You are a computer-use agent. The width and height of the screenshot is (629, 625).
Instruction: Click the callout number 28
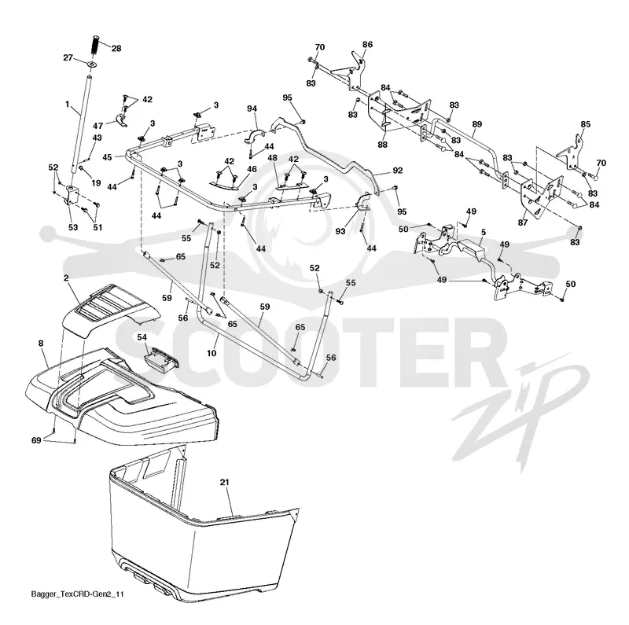(x=116, y=49)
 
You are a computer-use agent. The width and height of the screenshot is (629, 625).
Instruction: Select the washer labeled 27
(x=92, y=64)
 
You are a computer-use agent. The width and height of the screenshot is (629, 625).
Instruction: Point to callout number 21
(x=224, y=482)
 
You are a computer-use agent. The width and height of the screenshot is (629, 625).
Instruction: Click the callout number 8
(x=41, y=344)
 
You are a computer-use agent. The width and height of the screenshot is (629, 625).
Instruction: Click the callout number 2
(x=66, y=278)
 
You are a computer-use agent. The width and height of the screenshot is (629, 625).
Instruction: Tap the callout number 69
(x=36, y=440)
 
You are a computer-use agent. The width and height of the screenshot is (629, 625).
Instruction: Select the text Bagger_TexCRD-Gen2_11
(x=77, y=594)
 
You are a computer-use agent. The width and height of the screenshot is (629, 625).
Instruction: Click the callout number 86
(x=367, y=45)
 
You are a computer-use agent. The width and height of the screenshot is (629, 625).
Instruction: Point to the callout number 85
(x=586, y=124)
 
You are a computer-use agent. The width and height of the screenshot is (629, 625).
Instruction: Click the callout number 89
(x=477, y=124)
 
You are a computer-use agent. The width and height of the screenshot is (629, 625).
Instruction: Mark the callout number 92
(x=398, y=171)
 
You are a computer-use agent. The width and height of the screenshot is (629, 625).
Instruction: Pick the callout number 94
(x=252, y=108)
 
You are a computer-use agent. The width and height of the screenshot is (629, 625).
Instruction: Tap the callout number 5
(x=484, y=232)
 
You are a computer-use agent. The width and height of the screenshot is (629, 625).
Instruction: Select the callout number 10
(x=212, y=353)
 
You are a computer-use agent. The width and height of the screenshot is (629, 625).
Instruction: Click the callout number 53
(x=73, y=227)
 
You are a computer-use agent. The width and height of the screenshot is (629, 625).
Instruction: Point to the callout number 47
(x=98, y=126)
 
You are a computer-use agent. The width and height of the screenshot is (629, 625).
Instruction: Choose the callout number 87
(x=523, y=222)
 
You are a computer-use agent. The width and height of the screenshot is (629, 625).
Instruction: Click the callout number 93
(x=340, y=231)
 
